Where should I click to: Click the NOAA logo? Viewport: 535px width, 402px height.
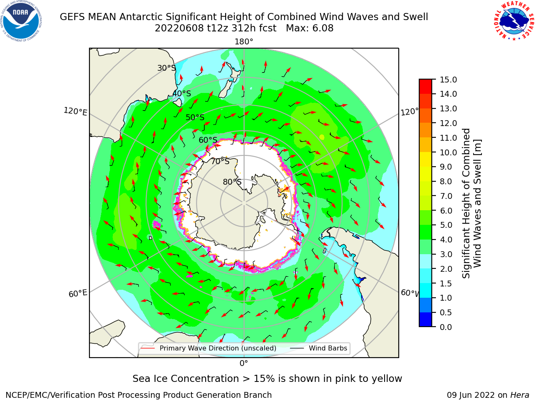pos(21,21)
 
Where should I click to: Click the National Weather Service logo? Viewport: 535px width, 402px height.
pos(514,21)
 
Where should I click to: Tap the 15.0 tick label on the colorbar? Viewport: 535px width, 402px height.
pos(448,80)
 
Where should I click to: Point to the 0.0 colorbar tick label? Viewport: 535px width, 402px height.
pos(446,327)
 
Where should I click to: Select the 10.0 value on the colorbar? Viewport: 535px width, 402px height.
pos(448,152)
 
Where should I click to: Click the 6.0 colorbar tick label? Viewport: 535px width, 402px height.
pos(446,211)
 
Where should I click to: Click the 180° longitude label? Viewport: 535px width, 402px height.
pos(244,42)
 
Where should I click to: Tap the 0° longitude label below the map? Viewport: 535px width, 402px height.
pos(244,363)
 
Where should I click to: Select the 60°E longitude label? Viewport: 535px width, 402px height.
pos(78,294)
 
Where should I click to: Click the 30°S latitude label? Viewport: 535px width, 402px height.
pos(166,68)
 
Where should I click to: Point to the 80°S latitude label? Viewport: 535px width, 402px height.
pos(232,182)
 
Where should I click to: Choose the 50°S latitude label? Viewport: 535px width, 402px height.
pos(195,117)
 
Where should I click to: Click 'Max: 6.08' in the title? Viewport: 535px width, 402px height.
pos(310,28)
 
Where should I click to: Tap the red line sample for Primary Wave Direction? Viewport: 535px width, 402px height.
pos(148,348)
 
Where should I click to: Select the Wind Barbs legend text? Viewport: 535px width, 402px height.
pos(328,348)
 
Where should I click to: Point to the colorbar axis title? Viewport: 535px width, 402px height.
pos(471,203)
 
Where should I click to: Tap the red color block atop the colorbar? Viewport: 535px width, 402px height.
pos(425,87)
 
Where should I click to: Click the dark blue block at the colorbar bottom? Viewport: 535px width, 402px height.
pos(425,320)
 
